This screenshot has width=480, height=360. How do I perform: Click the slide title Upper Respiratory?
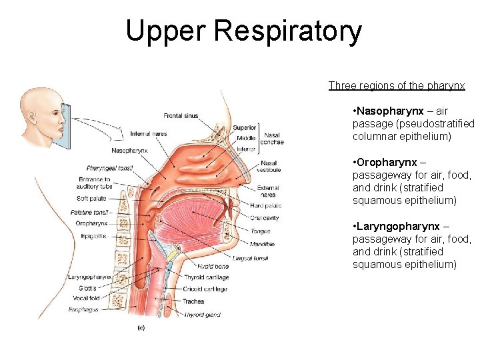243,31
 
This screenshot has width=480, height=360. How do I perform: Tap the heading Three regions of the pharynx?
397,85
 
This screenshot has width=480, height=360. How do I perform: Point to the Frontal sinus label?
181,116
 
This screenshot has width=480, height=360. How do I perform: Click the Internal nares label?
149,134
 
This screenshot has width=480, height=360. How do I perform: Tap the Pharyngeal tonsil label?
109,168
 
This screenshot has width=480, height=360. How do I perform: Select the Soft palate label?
91,198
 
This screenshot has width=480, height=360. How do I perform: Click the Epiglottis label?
93,235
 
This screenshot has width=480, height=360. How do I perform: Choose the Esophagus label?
83,310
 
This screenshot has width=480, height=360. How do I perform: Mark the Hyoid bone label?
213,266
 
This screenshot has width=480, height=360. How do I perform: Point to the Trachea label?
193,301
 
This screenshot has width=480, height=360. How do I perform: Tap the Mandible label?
262,245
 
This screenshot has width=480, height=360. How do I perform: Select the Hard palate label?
265,205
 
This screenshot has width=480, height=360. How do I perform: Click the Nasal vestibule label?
269,167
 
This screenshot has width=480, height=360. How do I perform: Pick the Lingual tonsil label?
250,258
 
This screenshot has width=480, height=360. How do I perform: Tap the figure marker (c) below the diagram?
141,328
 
